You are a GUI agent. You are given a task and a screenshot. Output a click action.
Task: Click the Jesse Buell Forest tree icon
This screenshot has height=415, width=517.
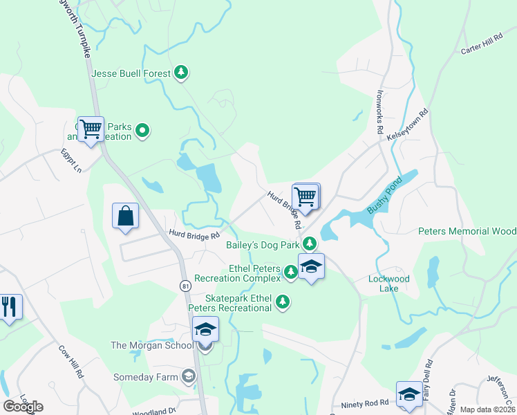tap(181, 72)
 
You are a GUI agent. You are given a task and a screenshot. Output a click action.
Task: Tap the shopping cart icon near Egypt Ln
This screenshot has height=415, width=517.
tap(91, 129)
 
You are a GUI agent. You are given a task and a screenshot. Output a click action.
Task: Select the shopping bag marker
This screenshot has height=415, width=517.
tap(125, 215)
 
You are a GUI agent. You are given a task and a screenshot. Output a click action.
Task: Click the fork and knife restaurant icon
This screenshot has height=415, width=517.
tap(9, 306)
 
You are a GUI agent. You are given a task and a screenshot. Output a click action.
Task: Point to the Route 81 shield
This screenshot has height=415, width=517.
tap(185, 286)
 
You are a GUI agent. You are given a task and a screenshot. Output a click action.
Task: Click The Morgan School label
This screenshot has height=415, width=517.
tap(152, 345)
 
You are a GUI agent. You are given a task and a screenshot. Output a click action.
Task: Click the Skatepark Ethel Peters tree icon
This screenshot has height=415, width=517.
tap(282, 301)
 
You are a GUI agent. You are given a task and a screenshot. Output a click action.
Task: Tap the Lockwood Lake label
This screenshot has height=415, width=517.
tap(389, 284)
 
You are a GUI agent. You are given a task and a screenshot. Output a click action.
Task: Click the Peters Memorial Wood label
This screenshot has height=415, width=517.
tap(467, 231)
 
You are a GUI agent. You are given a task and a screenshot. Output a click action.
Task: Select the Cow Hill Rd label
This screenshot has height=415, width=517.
tap(70, 362)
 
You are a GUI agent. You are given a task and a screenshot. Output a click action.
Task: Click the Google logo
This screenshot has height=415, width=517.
tap(23, 407)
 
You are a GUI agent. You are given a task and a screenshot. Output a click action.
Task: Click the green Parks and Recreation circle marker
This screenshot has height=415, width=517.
tap(142, 130)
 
